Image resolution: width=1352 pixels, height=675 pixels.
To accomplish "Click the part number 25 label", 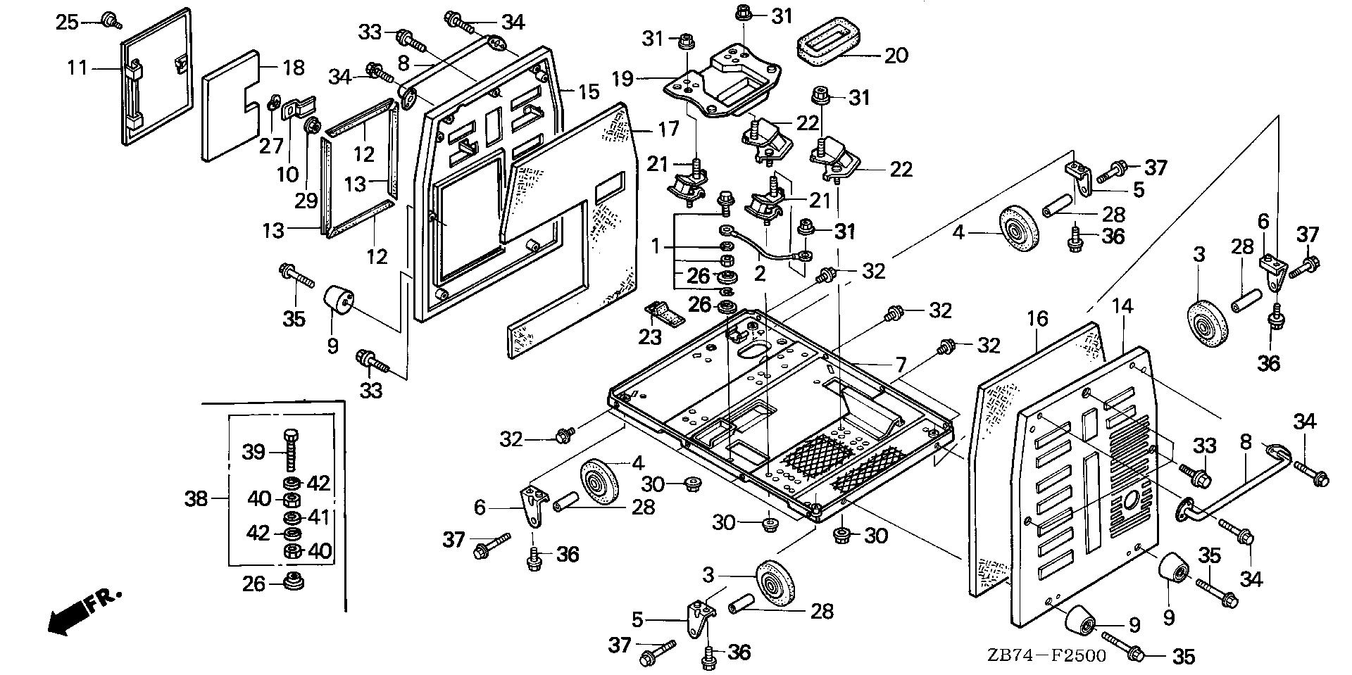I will click(x=68, y=22).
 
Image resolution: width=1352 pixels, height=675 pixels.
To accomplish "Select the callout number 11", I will click(x=77, y=68).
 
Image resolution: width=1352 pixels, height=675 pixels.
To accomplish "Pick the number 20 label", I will click(x=896, y=54).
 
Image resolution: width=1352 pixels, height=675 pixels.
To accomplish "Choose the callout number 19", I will click(x=622, y=78).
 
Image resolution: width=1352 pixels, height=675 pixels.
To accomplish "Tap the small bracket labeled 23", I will click(x=665, y=314).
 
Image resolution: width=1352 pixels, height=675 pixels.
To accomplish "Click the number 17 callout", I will click(x=668, y=129).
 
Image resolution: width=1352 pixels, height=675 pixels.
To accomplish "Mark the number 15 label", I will click(x=589, y=91).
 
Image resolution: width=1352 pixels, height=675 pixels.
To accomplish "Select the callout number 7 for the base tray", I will click(x=900, y=365).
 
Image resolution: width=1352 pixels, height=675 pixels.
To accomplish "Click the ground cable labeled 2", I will click(x=764, y=247).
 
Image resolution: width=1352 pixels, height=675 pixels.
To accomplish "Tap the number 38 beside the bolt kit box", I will click(x=196, y=498).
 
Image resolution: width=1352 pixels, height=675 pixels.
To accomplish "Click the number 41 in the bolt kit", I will click(x=319, y=517).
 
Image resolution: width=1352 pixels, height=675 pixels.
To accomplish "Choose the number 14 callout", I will click(x=1124, y=305).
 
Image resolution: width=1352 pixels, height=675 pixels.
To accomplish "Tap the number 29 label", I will click(x=306, y=201).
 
